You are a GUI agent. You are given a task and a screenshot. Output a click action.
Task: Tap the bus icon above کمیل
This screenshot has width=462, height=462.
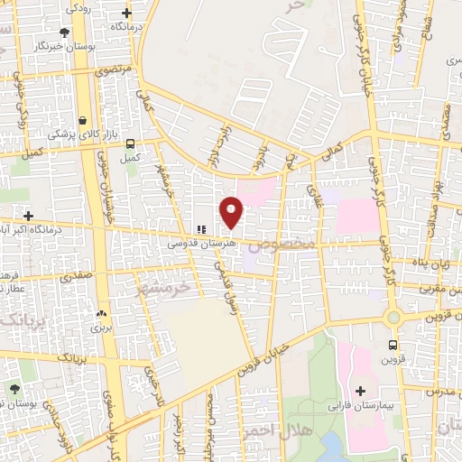pyautogui.click(x=131, y=143)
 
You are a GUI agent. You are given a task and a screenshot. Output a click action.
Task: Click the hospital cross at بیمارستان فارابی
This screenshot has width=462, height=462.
pyautogui.click(x=361, y=391)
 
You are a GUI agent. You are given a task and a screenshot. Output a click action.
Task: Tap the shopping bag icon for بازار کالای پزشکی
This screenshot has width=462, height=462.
pyautogui.click(x=83, y=119)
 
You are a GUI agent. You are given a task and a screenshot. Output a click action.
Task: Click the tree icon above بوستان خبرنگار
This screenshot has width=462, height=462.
pyautogui.click(x=64, y=32)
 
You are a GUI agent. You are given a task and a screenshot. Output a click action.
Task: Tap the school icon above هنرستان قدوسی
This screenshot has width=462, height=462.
pyautogui.click(x=201, y=230)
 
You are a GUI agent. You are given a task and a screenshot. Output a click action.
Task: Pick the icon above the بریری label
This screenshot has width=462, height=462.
pyautogui.click(x=100, y=314)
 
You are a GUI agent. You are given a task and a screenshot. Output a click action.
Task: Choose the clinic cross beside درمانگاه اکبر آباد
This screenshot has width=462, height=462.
pyautogui.click(x=30, y=217)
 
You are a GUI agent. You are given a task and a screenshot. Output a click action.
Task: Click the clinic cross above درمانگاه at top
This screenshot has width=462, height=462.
pyautogui.click(x=127, y=13)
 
